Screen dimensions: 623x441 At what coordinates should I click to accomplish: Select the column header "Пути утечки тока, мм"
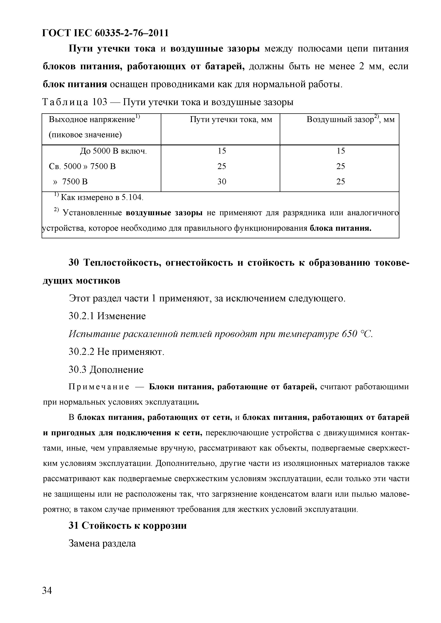231,120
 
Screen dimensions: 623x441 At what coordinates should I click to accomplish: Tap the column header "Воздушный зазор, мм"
350,120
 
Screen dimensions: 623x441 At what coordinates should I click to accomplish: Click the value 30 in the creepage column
222,182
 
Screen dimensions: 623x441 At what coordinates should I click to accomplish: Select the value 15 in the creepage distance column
222,151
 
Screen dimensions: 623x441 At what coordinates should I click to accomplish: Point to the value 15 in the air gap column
341,151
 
